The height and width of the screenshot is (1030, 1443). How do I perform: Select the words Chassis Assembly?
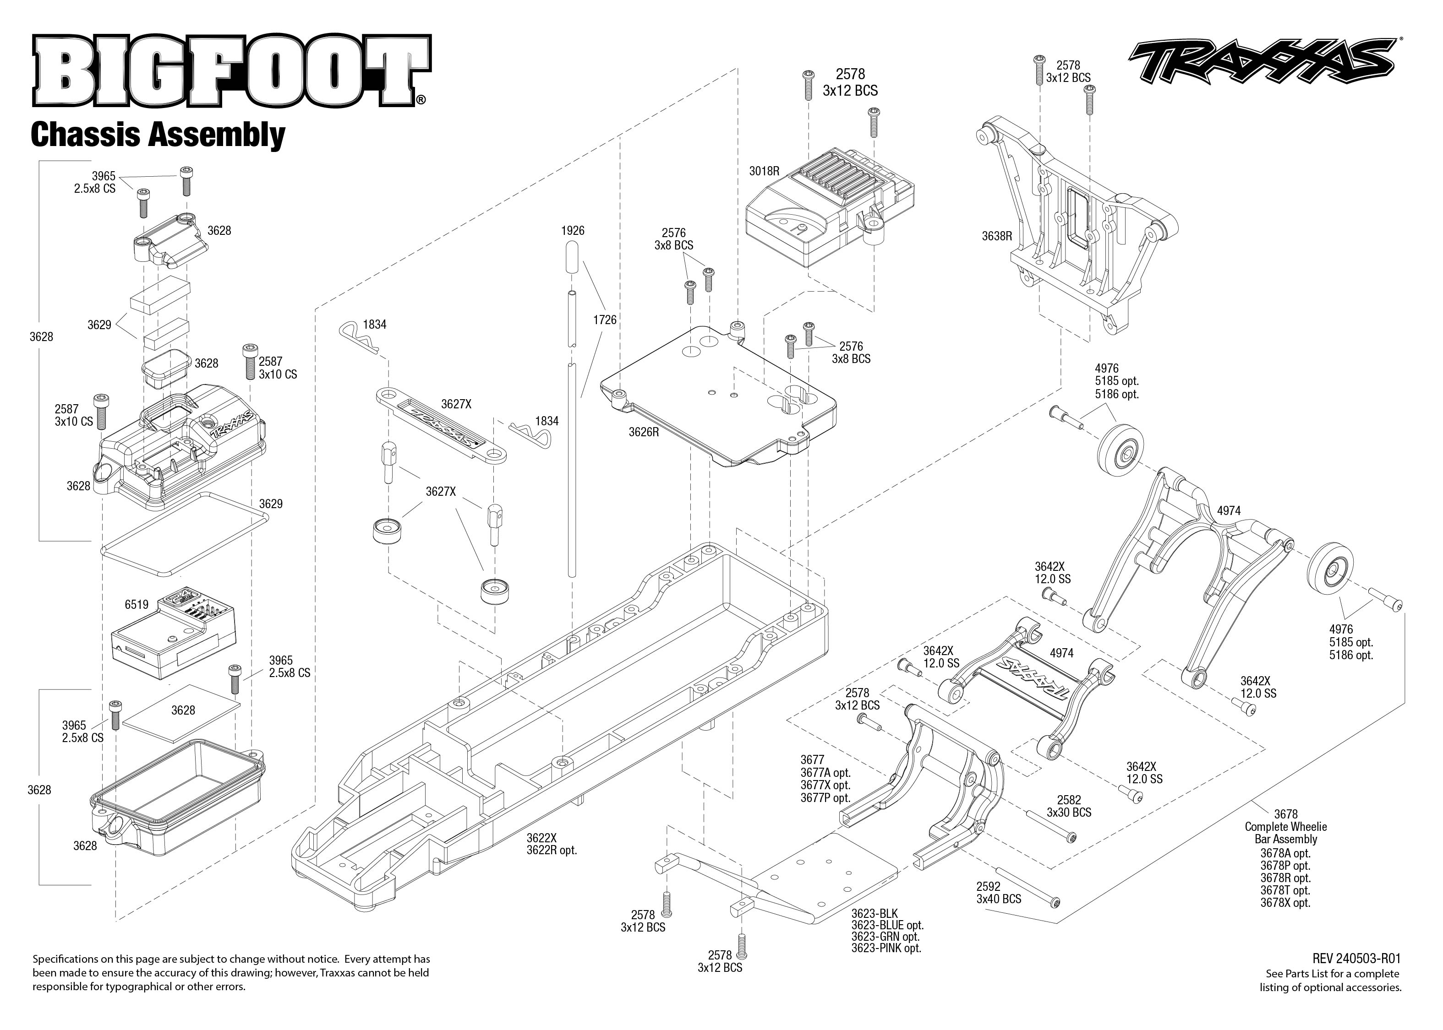click(x=158, y=135)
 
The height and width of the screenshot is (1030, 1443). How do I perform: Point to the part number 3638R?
click(x=996, y=236)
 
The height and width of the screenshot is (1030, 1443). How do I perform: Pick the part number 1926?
click(x=572, y=231)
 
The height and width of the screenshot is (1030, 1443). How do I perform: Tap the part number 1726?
click(x=604, y=320)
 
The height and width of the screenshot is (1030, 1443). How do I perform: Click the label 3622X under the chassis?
click(x=541, y=837)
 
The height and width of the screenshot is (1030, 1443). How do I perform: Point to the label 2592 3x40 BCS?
click(x=998, y=892)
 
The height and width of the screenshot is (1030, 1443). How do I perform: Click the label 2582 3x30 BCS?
click(x=1069, y=806)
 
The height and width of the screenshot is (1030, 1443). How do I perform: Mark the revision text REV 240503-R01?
click(x=1356, y=958)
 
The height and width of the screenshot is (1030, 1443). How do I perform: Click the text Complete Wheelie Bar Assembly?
click(x=1285, y=833)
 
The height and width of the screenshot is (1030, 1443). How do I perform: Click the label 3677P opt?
click(x=825, y=798)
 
